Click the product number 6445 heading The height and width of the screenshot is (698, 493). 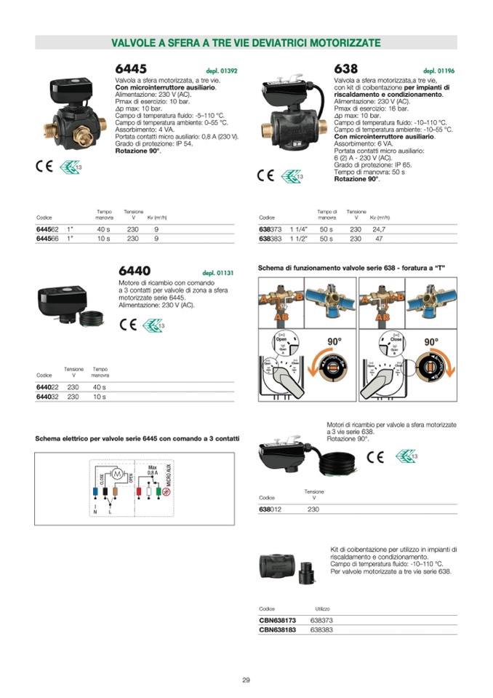pos(132,68)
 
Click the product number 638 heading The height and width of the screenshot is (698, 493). pos(346,68)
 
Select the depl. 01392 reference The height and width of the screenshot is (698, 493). pos(222,71)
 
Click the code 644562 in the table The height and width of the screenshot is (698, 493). pos(47,228)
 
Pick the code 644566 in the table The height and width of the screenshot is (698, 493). pos(47,238)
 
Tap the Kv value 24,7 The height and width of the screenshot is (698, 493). pos(379,228)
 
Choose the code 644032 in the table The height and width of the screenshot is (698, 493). pos(47,397)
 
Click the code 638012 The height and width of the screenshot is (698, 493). pos(270,509)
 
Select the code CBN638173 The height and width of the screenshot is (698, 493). pos(277,620)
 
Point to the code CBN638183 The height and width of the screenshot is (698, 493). pos(277,630)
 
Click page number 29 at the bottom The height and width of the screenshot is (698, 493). pos(246,681)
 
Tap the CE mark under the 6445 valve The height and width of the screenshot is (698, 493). pos(44,165)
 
